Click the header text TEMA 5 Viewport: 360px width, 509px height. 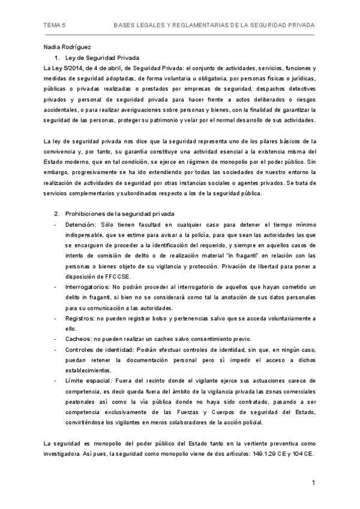(x=55, y=26)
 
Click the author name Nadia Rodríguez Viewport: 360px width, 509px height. (x=67, y=47)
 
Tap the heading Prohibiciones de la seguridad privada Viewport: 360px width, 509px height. (x=119, y=213)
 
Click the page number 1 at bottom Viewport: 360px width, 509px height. (x=313, y=483)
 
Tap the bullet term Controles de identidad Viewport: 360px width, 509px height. (x=99, y=350)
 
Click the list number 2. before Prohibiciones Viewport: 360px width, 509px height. (x=57, y=213)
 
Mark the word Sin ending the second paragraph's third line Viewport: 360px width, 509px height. (x=310, y=162)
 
